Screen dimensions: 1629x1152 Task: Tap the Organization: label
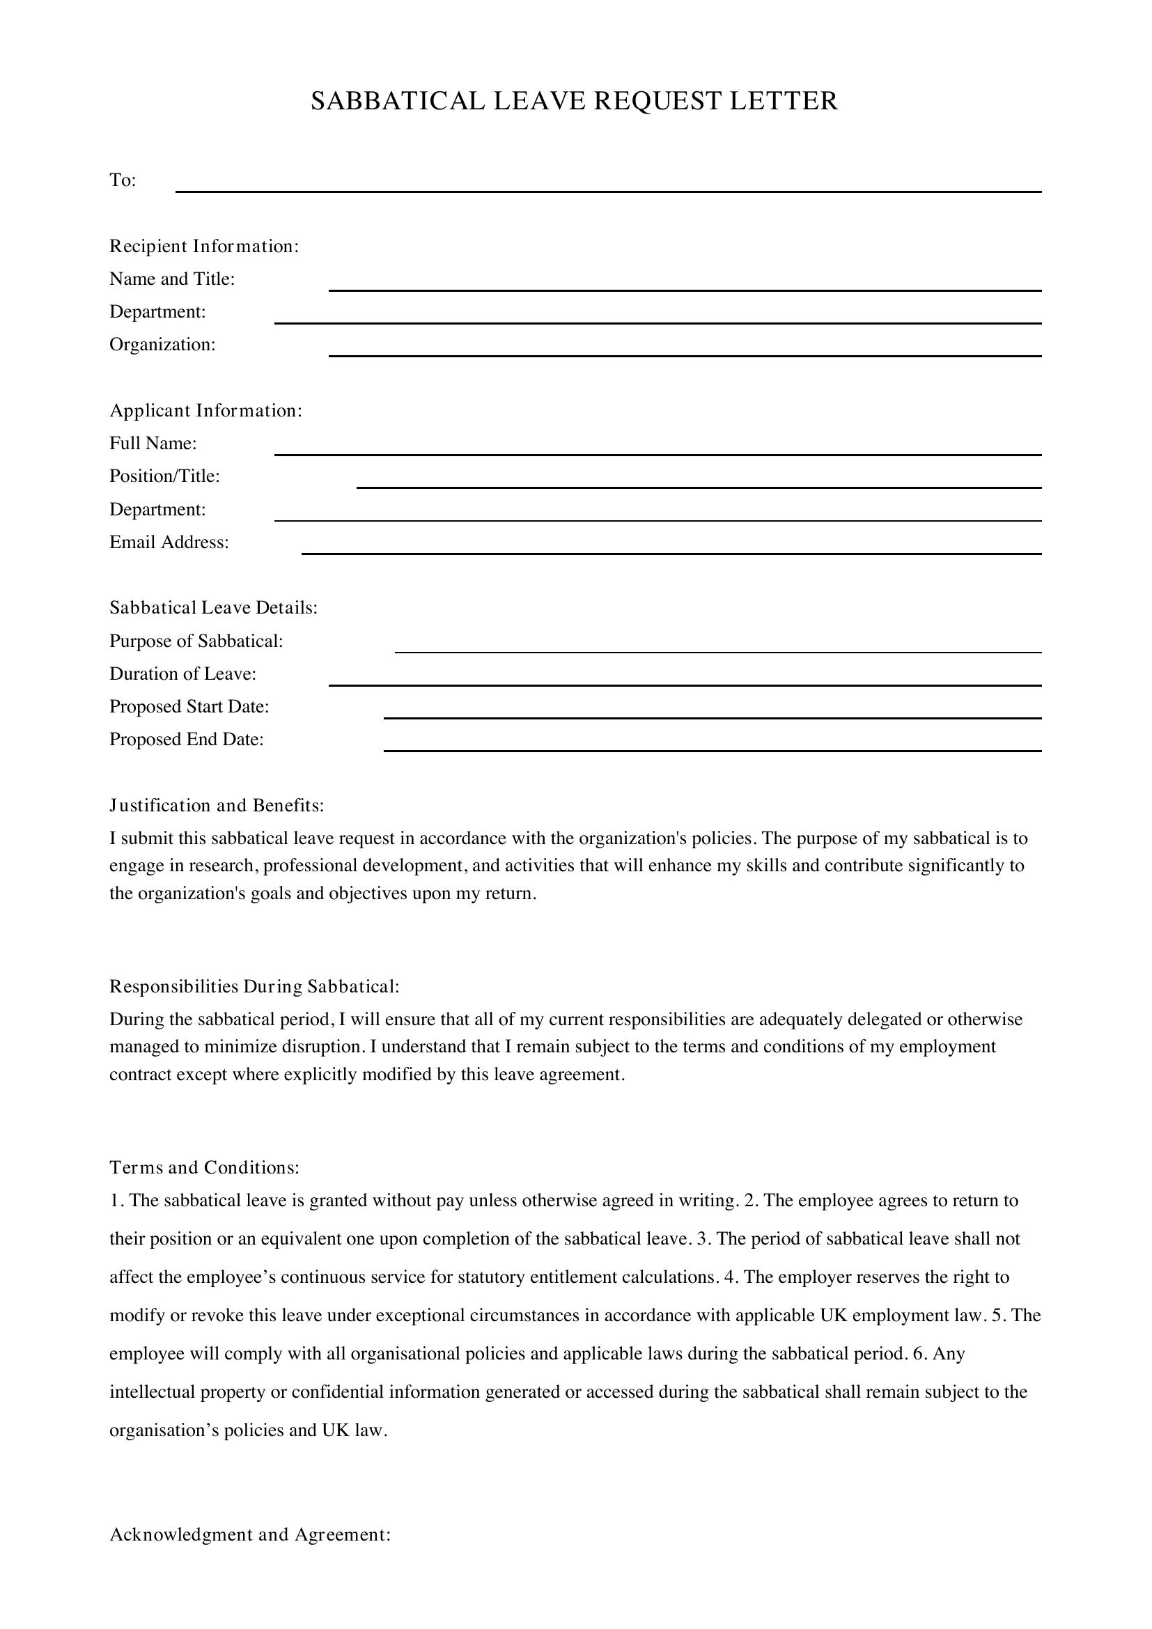tap(162, 345)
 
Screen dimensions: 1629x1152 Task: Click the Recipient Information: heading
tap(203, 246)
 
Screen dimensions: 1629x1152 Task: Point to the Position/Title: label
tap(164, 476)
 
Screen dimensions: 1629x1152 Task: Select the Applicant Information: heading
tap(205, 411)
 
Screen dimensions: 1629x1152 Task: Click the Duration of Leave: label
tap(182, 674)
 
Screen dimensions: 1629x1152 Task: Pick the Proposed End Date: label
tap(186, 740)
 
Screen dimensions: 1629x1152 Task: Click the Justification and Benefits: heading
tap(217, 805)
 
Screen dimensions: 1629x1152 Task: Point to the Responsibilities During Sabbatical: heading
tap(254, 986)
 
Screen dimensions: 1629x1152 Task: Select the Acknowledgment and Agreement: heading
tap(250, 1535)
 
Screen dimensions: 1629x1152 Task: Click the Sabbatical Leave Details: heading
tap(213, 608)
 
